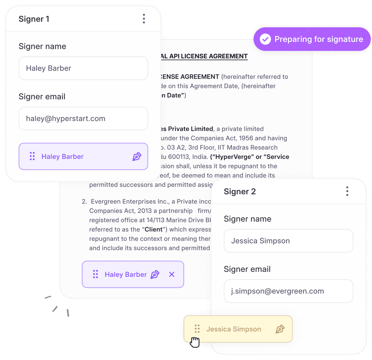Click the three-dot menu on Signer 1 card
(144, 19)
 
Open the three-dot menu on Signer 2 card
(347, 191)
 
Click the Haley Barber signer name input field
(83, 68)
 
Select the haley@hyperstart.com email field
(83, 118)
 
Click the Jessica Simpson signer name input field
(288, 241)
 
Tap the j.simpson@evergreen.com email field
(288, 291)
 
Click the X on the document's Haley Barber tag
(172, 274)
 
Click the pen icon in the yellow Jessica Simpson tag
(280, 329)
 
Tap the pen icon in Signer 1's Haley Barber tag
(137, 156)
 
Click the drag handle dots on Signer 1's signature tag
(32, 156)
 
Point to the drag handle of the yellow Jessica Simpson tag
(197, 329)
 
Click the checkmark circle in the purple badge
(265, 39)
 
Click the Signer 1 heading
(34, 19)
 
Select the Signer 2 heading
(240, 191)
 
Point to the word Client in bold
(153, 229)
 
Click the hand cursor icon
(195, 342)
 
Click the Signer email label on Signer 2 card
(247, 269)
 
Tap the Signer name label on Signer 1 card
(42, 46)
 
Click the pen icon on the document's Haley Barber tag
(155, 274)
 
